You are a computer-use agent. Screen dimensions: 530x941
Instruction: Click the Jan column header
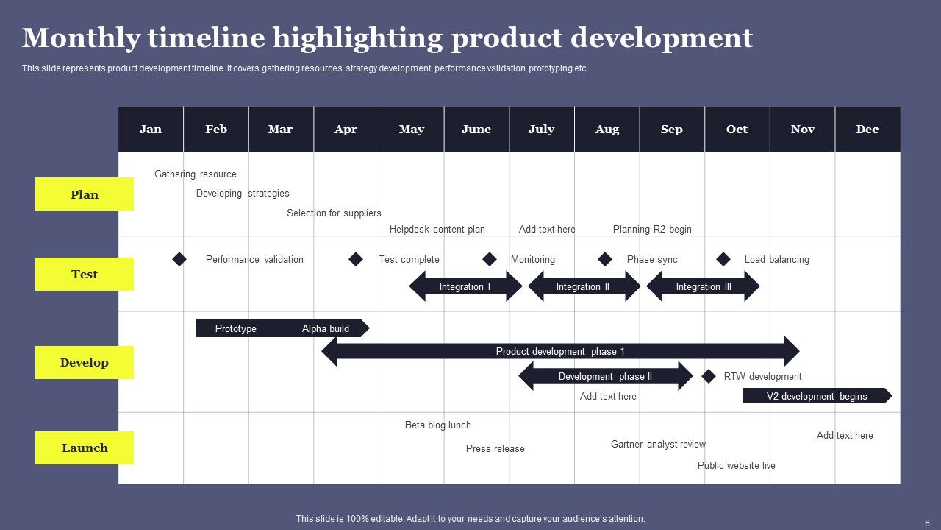point(151,130)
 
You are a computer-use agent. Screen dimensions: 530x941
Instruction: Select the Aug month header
point(607,130)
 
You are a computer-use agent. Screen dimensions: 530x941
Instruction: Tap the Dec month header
point(867,130)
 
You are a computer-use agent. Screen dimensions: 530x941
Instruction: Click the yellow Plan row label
point(85,194)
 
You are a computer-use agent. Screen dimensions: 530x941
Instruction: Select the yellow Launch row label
point(85,448)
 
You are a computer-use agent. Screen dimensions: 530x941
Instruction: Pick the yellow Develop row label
point(85,362)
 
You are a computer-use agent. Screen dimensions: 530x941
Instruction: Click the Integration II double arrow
point(584,286)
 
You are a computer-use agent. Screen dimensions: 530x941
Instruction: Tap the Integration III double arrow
point(703,286)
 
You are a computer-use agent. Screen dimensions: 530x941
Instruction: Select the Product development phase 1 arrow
point(560,351)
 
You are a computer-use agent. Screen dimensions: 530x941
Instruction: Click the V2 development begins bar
point(816,396)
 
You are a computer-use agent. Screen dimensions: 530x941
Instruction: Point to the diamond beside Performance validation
point(179,259)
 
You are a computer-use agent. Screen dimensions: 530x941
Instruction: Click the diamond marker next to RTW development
point(709,376)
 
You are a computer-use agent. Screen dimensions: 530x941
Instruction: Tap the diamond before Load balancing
point(723,259)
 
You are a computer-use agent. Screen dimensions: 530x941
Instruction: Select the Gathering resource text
point(196,174)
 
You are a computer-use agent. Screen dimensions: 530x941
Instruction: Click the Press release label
point(495,448)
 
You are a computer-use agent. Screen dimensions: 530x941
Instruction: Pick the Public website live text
point(736,465)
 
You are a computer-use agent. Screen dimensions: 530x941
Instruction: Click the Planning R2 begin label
point(652,229)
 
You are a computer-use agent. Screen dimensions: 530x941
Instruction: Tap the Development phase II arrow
point(605,376)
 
